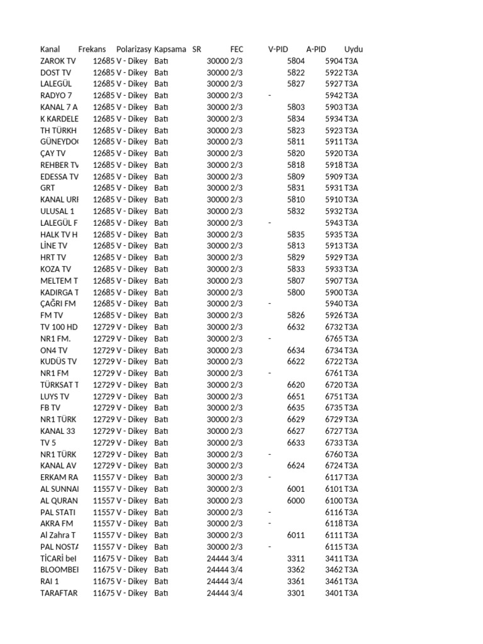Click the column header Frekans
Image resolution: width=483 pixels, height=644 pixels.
pyautogui.click(x=92, y=49)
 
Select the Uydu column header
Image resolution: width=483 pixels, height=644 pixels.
pyautogui.click(x=353, y=49)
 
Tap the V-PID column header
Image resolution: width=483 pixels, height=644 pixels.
pyautogui.click(x=278, y=49)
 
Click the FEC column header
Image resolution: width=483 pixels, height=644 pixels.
pyautogui.click(x=236, y=49)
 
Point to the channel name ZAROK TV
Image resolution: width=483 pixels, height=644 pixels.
pyautogui.click(x=58, y=61)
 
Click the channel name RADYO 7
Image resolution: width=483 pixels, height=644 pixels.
pyautogui.click(x=56, y=96)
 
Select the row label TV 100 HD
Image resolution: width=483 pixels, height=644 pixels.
pyautogui.click(x=59, y=327)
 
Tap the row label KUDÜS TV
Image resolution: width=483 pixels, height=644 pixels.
pyautogui.click(x=58, y=362)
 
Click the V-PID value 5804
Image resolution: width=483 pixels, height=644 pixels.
pyautogui.click(x=296, y=61)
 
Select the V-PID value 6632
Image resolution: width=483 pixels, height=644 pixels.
pyautogui.click(x=296, y=327)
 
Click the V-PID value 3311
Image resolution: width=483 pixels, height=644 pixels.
pyautogui.click(x=296, y=558)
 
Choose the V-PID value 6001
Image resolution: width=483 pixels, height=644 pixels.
pyautogui.click(x=296, y=489)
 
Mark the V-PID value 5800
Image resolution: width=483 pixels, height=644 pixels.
pyautogui.click(x=296, y=292)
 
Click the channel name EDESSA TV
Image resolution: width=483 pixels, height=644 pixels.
pyautogui.click(x=59, y=177)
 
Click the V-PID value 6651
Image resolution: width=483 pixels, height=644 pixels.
pyautogui.click(x=296, y=397)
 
